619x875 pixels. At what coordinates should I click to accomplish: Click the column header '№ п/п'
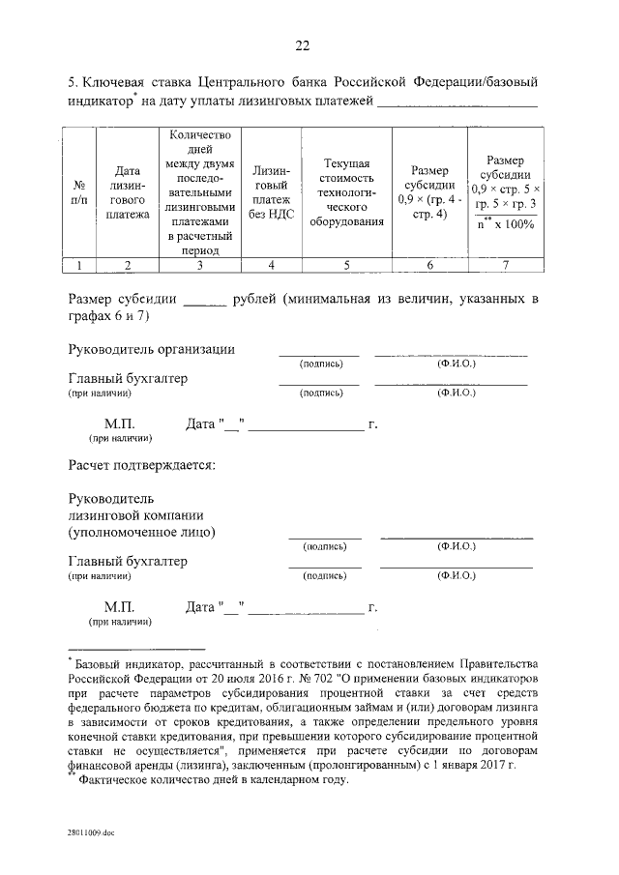click(78, 191)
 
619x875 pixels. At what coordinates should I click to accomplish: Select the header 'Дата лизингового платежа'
click(128, 191)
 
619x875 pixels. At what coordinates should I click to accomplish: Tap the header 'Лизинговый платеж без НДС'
click(270, 191)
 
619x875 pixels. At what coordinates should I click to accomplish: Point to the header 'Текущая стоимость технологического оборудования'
click(347, 191)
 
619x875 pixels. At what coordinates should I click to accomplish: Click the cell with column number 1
click(78, 263)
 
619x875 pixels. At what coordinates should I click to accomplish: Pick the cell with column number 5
click(347, 263)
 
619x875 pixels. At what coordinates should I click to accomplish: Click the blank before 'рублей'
click(203, 299)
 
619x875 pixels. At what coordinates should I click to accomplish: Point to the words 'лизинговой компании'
click(134, 514)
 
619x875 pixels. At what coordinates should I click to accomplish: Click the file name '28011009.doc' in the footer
click(92, 831)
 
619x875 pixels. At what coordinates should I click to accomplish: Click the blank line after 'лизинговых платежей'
click(457, 102)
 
